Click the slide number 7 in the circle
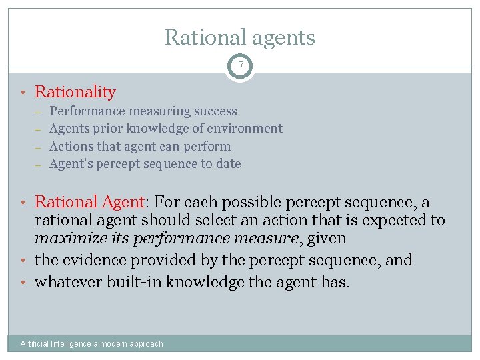[x=240, y=65]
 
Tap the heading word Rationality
[x=75, y=92]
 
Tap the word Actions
[x=70, y=146]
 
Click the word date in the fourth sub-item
[x=227, y=163]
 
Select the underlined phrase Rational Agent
[x=89, y=202]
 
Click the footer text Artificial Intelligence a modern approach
[x=92, y=344]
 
